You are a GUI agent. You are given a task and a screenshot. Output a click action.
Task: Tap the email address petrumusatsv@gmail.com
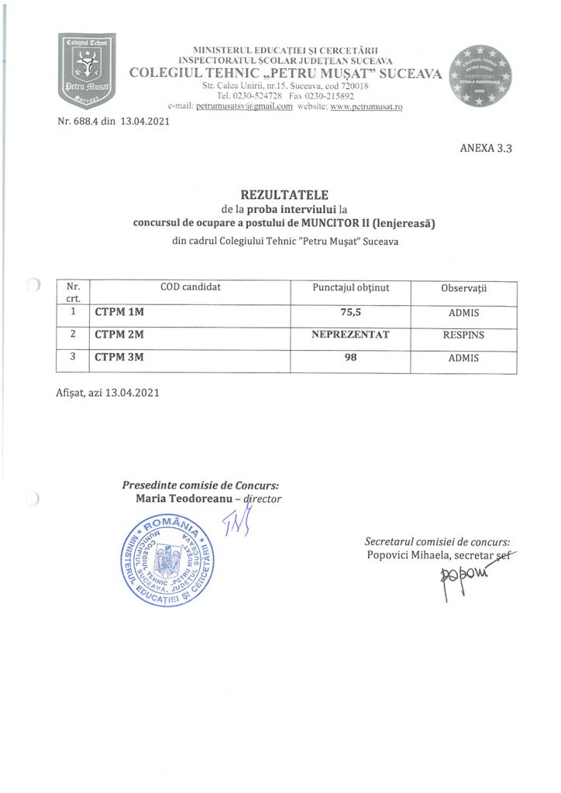244,106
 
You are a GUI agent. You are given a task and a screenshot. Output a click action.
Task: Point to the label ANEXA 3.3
486,148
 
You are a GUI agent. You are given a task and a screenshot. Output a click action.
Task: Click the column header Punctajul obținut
350,287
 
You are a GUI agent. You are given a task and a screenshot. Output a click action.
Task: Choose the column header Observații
463,288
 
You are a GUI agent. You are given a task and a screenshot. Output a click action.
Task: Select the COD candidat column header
191,287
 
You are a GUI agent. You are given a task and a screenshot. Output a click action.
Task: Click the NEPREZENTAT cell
350,335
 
